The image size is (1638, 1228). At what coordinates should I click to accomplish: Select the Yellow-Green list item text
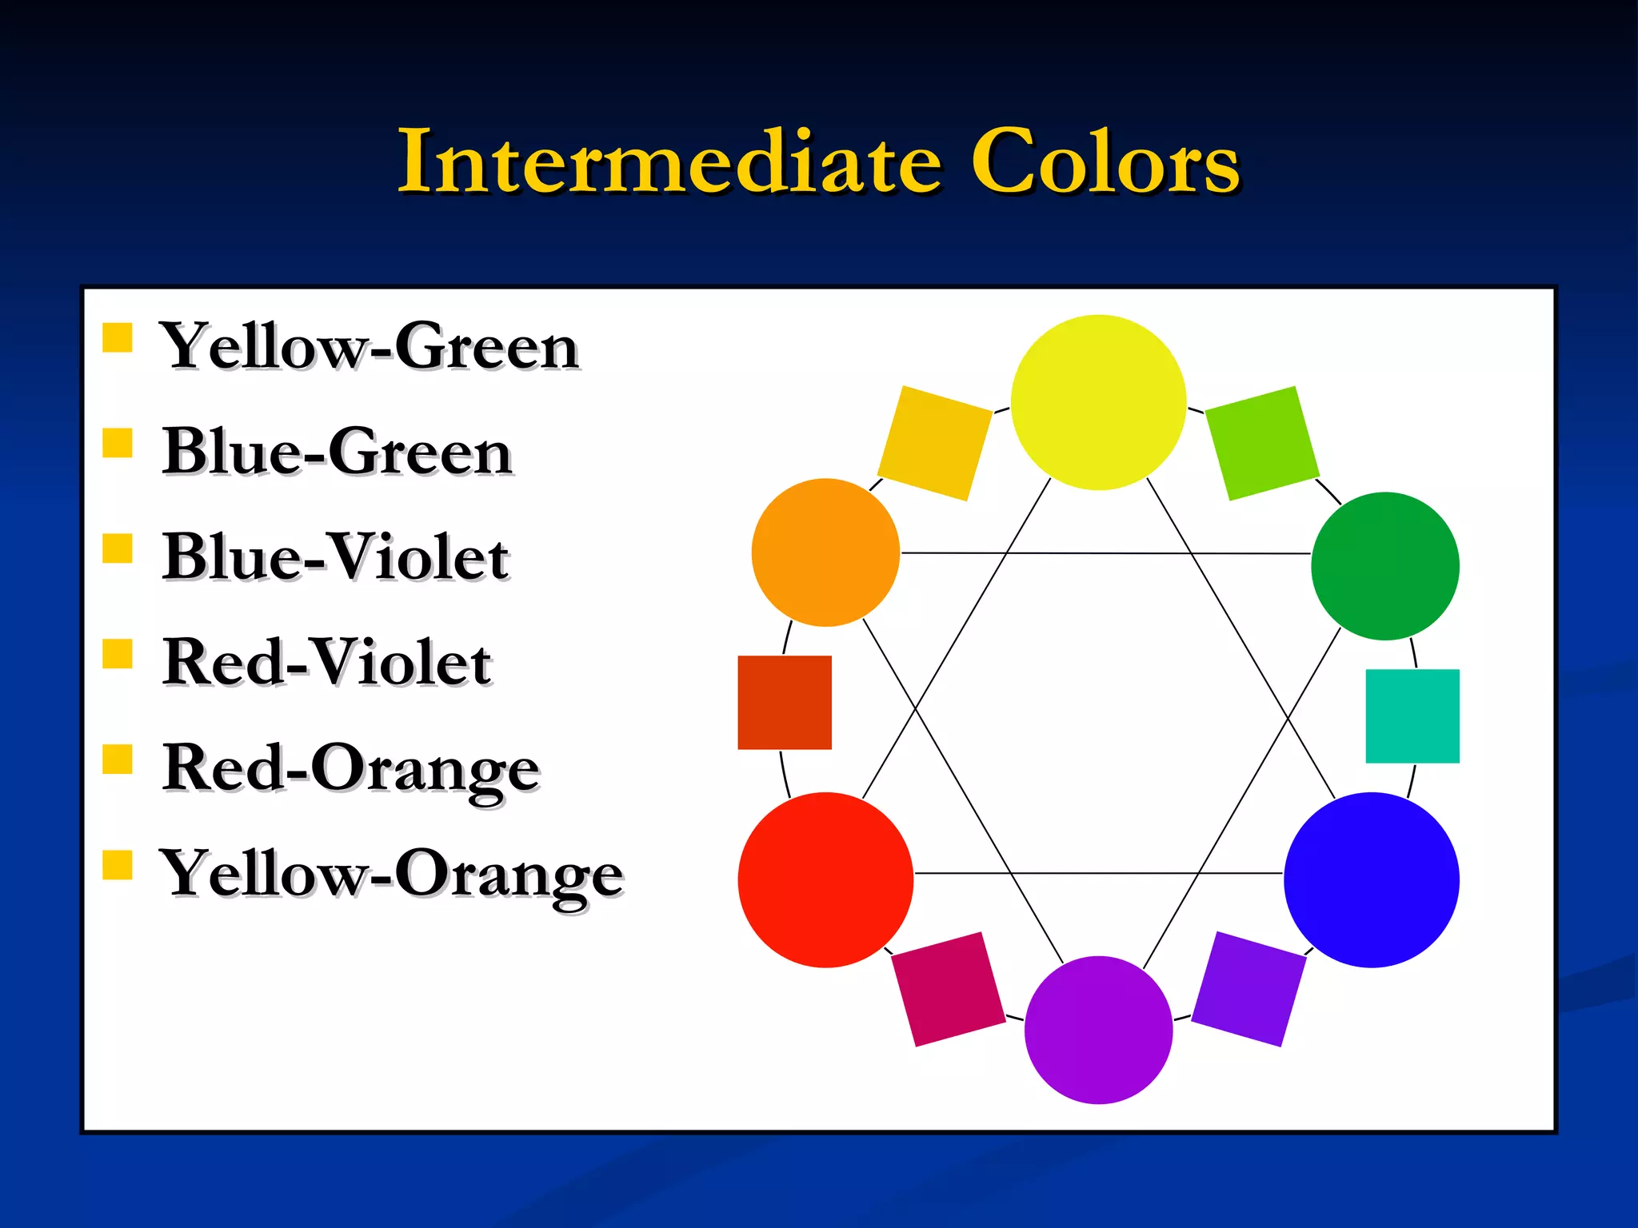[x=369, y=347]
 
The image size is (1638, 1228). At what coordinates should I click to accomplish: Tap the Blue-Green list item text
[x=337, y=453]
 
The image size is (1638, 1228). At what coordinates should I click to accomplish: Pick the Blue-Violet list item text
[x=335, y=557]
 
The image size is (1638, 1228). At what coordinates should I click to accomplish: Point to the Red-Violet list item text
[x=326, y=663]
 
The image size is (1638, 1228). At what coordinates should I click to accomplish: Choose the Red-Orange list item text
[x=351, y=768]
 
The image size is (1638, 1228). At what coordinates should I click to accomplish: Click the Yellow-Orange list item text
[x=391, y=874]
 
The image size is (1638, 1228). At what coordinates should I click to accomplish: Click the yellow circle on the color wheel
[x=1098, y=402]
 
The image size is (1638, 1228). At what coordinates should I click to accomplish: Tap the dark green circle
[x=1385, y=566]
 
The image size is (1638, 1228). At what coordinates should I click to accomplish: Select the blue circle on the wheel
[x=1372, y=879]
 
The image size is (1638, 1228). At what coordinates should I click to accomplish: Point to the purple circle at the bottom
[x=1098, y=1030]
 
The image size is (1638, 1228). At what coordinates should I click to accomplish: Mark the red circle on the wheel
[x=825, y=879]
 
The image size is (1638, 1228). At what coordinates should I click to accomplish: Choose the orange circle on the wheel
[x=825, y=552]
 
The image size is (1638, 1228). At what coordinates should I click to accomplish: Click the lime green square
[x=1261, y=444]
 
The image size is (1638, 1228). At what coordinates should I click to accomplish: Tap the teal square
[x=1412, y=716]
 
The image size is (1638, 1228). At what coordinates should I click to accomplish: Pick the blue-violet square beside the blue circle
[x=1248, y=989]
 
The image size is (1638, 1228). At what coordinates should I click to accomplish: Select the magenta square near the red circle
[x=949, y=989]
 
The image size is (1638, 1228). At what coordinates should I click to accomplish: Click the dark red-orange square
[x=785, y=703]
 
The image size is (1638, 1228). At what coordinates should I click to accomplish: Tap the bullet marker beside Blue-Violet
[x=118, y=549]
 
